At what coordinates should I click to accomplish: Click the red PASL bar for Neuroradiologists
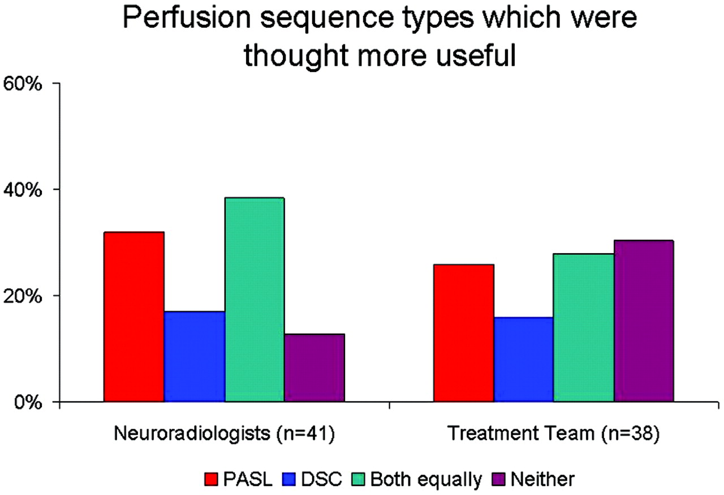tap(134, 317)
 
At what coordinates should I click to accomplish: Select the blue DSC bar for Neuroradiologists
tap(195, 357)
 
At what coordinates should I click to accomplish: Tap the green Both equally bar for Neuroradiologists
tap(255, 300)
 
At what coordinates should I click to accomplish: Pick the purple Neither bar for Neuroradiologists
tap(314, 368)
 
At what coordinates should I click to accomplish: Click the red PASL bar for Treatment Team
tap(464, 333)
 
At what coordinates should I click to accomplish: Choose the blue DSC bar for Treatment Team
tap(524, 360)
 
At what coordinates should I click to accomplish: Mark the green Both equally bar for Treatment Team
tap(584, 328)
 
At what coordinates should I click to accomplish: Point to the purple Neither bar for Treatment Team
tap(644, 321)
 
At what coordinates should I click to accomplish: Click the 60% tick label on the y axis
tap(22, 84)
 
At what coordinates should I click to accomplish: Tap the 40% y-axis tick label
tap(22, 190)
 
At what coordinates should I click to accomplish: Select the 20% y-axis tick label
tap(22, 296)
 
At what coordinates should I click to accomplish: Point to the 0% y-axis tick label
tap(28, 403)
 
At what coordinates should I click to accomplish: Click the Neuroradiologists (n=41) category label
tap(225, 433)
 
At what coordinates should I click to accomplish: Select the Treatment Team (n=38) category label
tap(554, 433)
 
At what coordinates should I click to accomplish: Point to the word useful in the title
tap(476, 56)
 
